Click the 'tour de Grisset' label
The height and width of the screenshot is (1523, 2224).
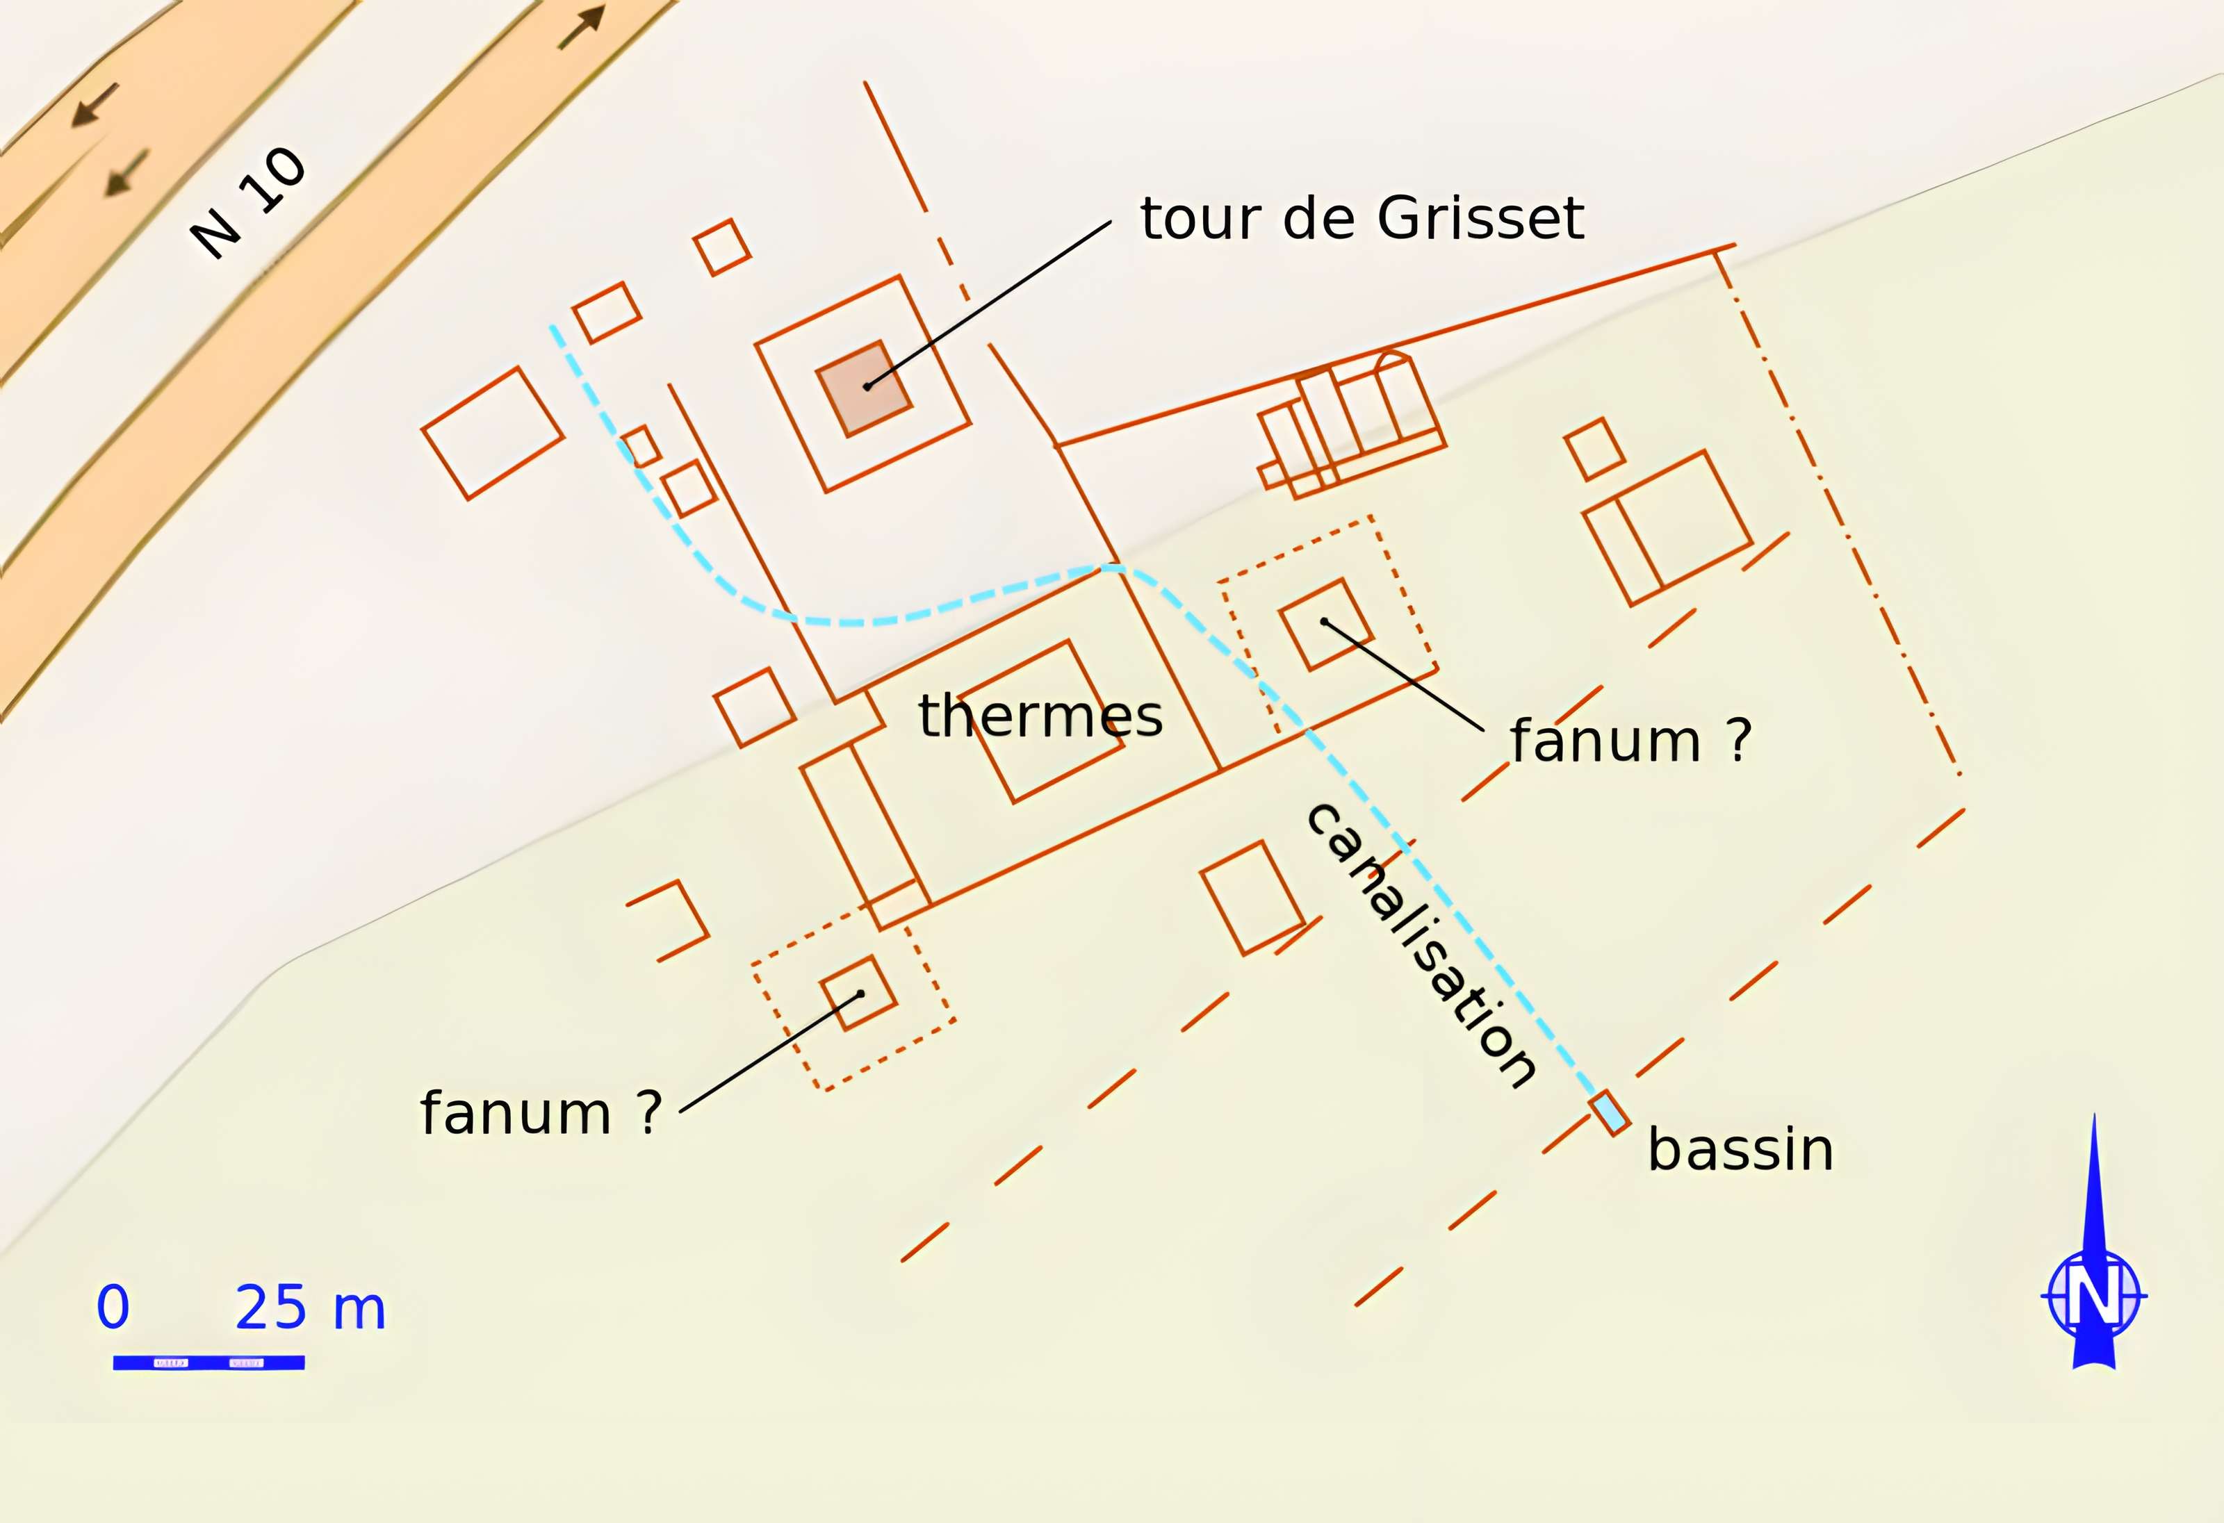pos(1361,218)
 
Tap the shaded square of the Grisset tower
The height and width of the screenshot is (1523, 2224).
pos(864,388)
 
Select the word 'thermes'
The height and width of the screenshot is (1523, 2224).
pos(1040,716)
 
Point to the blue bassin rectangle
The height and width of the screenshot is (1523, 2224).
pos(1610,1112)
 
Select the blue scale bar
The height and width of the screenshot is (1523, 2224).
pos(208,1363)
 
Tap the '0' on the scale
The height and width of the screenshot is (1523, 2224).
pos(113,1307)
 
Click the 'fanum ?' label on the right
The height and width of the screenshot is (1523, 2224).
pos(1630,741)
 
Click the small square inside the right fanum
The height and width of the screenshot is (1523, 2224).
pos(1326,625)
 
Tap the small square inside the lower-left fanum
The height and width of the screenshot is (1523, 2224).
pos(858,993)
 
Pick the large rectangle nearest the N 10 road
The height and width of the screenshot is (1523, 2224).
pos(492,434)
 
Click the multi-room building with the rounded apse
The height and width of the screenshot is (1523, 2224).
pos(1351,424)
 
